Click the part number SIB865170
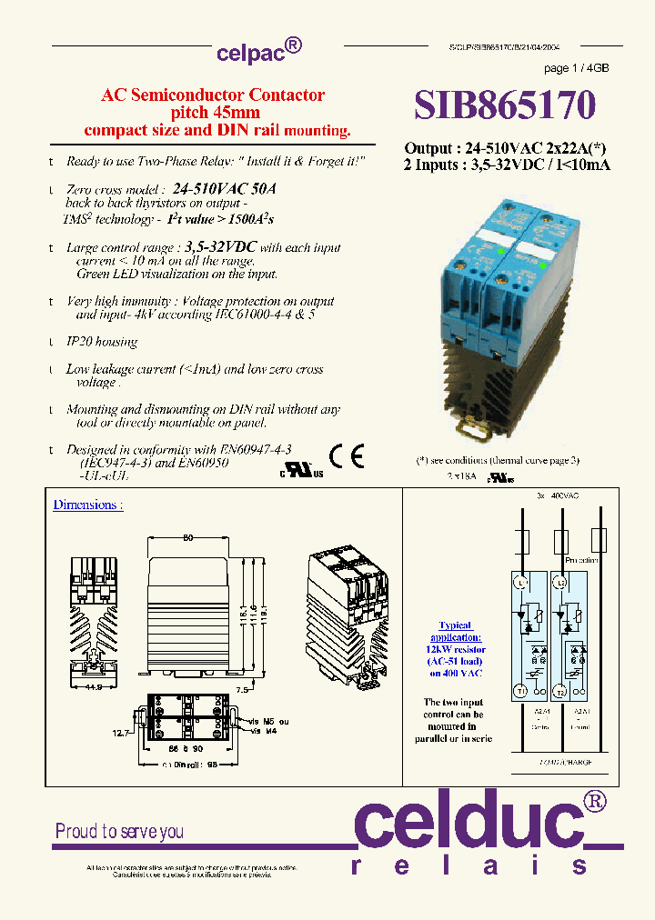pyautogui.click(x=505, y=105)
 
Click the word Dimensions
pyautogui.click(x=87, y=505)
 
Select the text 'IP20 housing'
pyautogui.click(x=101, y=342)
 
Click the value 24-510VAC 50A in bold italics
pyautogui.click(x=224, y=190)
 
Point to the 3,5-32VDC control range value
pyautogui.click(x=221, y=247)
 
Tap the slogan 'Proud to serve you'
pyautogui.click(x=119, y=831)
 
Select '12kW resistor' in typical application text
pyautogui.click(x=456, y=649)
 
